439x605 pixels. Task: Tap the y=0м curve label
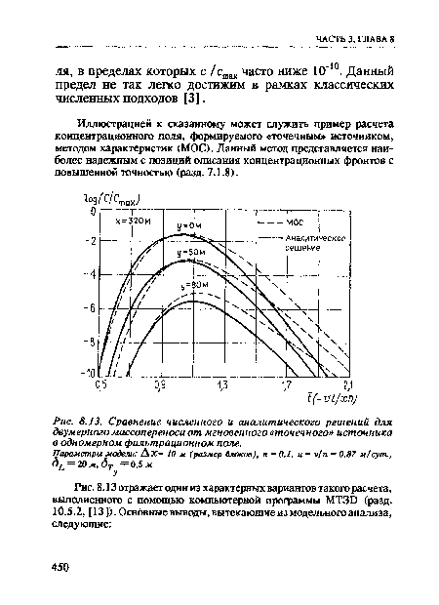[x=189, y=225]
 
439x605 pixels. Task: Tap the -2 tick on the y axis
[x=93, y=241]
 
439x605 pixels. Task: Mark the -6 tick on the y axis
[x=93, y=307]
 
